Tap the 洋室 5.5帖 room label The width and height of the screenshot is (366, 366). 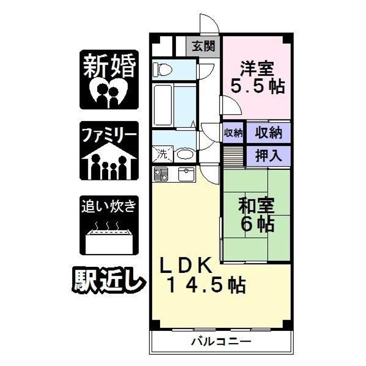click(258, 77)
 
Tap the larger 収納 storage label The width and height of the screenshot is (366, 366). click(268, 133)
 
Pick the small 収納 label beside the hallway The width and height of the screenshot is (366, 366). click(233, 133)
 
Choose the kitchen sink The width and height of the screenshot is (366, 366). click(187, 174)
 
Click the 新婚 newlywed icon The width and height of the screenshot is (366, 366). click(109, 80)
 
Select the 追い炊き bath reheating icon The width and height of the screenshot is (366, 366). click(109, 225)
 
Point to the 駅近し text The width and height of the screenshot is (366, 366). click(108, 279)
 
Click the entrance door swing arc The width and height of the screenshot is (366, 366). click(208, 23)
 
